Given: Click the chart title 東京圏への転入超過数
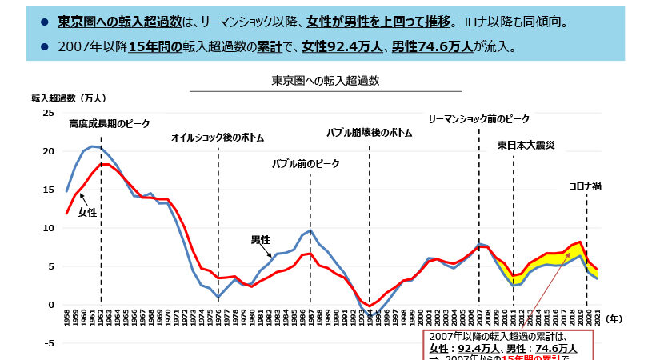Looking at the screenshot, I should pyautogui.click(x=326, y=81).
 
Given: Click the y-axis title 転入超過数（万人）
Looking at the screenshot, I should pyautogui.click(x=69, y=98).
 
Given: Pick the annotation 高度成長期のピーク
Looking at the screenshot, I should pyautogui.click(x=109, y=124).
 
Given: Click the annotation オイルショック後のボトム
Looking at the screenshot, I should pyautogui.click(x=218, y=138).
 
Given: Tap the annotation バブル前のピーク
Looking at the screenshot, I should pyautogui.click(x=306, y=164).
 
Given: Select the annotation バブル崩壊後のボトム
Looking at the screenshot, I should pyautogui.click(x=370, y=133).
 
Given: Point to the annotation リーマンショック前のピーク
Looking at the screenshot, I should pyautogui.click(x=478, y=119).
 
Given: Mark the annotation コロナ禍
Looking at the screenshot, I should pyautogui.click(x=585, y=186).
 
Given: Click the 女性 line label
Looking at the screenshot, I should pyautogui.click(x=87, y=213).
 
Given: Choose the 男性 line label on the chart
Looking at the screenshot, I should pyautogui.click(x=261, y=239).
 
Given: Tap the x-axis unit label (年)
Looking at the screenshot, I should pyautogui.click(x=614, y=318).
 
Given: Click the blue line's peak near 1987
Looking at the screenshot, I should pyautogui.click(x=310, y=231).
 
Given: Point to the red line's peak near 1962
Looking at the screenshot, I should pyautogui.click(x=102, y=164).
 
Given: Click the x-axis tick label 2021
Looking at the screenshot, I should pyautogui.click(x=596, y=317).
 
